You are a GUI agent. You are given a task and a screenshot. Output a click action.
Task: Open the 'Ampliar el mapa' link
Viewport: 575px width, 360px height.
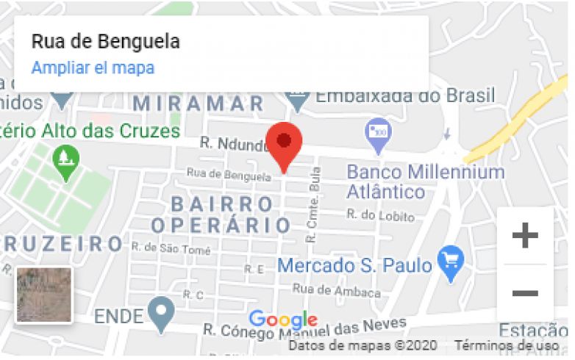click(93, 68)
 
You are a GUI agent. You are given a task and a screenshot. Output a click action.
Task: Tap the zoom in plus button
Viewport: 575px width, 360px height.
click(524, 236)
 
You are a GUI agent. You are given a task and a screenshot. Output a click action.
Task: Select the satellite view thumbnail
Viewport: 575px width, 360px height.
click(44, 295)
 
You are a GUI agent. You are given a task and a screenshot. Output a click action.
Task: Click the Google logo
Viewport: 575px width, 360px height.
click(283, 320)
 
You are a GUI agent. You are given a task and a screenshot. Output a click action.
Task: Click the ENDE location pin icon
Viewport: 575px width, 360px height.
click(160, 314)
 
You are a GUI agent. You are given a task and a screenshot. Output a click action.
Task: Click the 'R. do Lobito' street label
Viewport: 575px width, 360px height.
click(380, 216)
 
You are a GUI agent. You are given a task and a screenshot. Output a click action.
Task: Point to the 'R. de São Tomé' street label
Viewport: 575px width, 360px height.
click(171, 249)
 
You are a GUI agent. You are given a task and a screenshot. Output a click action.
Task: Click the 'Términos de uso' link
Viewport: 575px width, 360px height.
click(506, 345)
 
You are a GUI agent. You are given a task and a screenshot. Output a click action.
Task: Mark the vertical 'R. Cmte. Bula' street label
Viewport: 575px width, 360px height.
click(315, 209)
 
